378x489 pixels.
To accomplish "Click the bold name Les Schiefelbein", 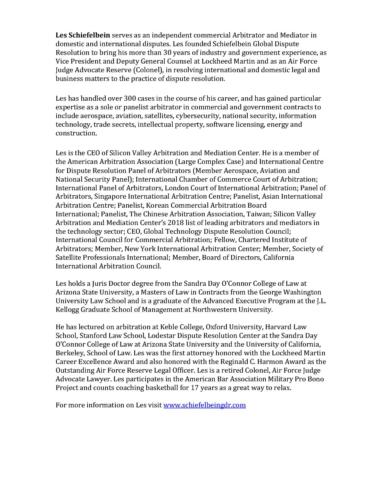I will (x=83, y=35).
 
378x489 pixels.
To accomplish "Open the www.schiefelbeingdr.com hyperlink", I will (x=204, y=405).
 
